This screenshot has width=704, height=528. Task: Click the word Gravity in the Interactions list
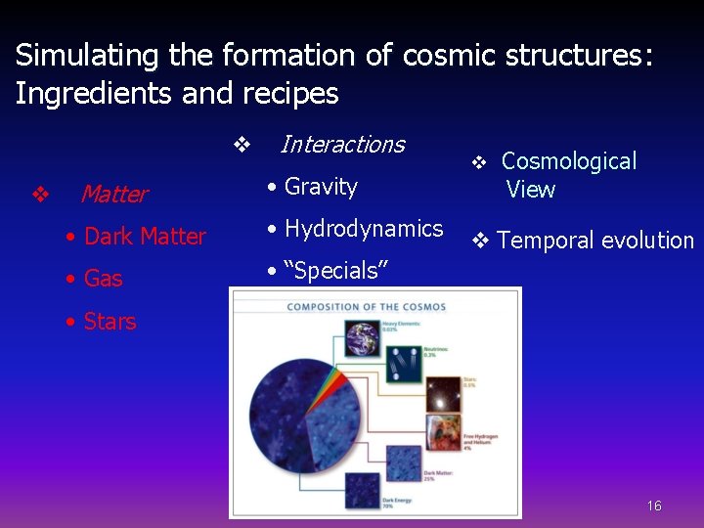(321, 187)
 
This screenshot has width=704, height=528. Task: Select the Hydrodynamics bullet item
(363, 229)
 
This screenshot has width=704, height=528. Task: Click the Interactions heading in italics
(341, 145)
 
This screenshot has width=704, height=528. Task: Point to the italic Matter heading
(113, 195)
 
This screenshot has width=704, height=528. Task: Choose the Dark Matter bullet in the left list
(145, 237)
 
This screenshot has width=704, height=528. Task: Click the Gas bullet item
(103, 279)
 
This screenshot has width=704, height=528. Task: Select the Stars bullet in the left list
(110, 322)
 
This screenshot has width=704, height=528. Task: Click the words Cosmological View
(568, 175)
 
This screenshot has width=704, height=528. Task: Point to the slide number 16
(654, 506)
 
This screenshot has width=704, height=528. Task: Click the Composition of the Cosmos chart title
(366, 307)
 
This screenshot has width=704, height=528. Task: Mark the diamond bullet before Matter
(40, 195)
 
